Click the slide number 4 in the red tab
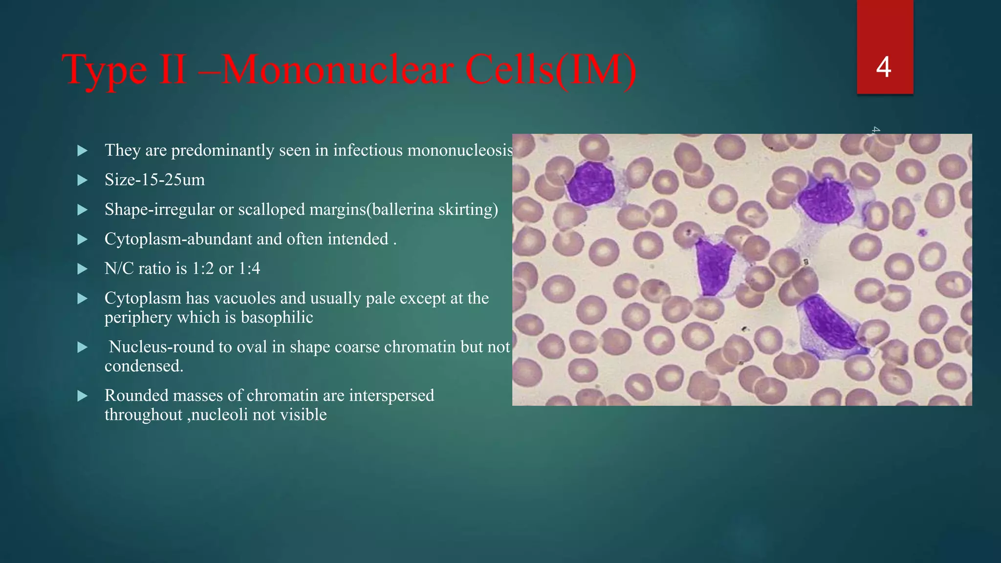click(883, 67)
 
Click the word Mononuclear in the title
click(337, 70)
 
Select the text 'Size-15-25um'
click(154, 180)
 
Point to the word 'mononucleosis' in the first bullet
click(460, 150)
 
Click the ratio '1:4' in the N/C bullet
click(249, 269)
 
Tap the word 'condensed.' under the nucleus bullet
click(144, 366)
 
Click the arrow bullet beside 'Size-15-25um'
click(83, 180)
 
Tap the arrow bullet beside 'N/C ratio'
click(83, 269)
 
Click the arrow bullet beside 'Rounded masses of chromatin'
click(83, 395)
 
